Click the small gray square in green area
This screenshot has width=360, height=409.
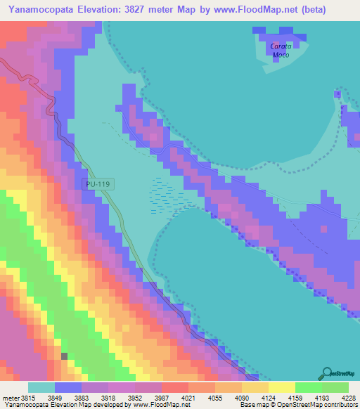pyautogui.click(x=65, y=356)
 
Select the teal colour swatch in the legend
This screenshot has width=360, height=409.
pyautogui.click(x=41, y=387)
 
